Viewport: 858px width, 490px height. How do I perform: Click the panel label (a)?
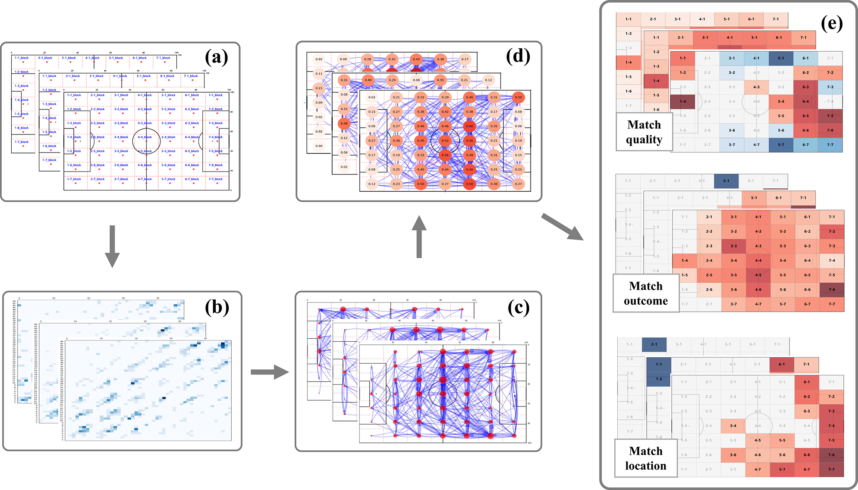tap(217, 57)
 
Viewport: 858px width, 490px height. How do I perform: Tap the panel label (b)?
tap(217, 307)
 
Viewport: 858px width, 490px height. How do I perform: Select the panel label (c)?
tap(518, 307)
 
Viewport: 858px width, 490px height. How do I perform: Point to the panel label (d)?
tap(518, 56)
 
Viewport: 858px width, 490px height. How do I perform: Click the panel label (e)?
tap(832, 23)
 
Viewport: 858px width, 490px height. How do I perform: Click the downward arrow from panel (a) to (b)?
tap(112, 246)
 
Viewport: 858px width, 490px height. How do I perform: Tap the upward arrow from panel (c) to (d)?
tap(419, 237)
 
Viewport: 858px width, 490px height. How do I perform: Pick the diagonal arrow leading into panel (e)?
tap(562, 227)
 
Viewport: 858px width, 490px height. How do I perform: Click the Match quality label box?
tap(644, 132)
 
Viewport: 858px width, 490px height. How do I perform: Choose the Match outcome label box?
tap(646, 293)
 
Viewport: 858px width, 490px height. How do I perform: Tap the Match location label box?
tap(646, 458)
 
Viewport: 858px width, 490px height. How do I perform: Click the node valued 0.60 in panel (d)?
tap(469, 126)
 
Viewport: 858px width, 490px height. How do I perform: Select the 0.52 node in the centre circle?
tap(445, 140)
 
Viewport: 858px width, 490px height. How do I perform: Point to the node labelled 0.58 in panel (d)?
tap(469, 184)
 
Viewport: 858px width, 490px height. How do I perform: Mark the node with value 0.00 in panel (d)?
tap(319, 146)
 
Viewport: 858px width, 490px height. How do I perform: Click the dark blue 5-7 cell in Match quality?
tap(781, 145)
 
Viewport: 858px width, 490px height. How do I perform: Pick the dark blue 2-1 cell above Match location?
tap(654, 344)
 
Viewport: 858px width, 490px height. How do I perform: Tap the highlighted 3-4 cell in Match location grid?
tap(733, 426)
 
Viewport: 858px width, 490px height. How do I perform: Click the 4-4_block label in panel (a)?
tap(145, 137)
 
